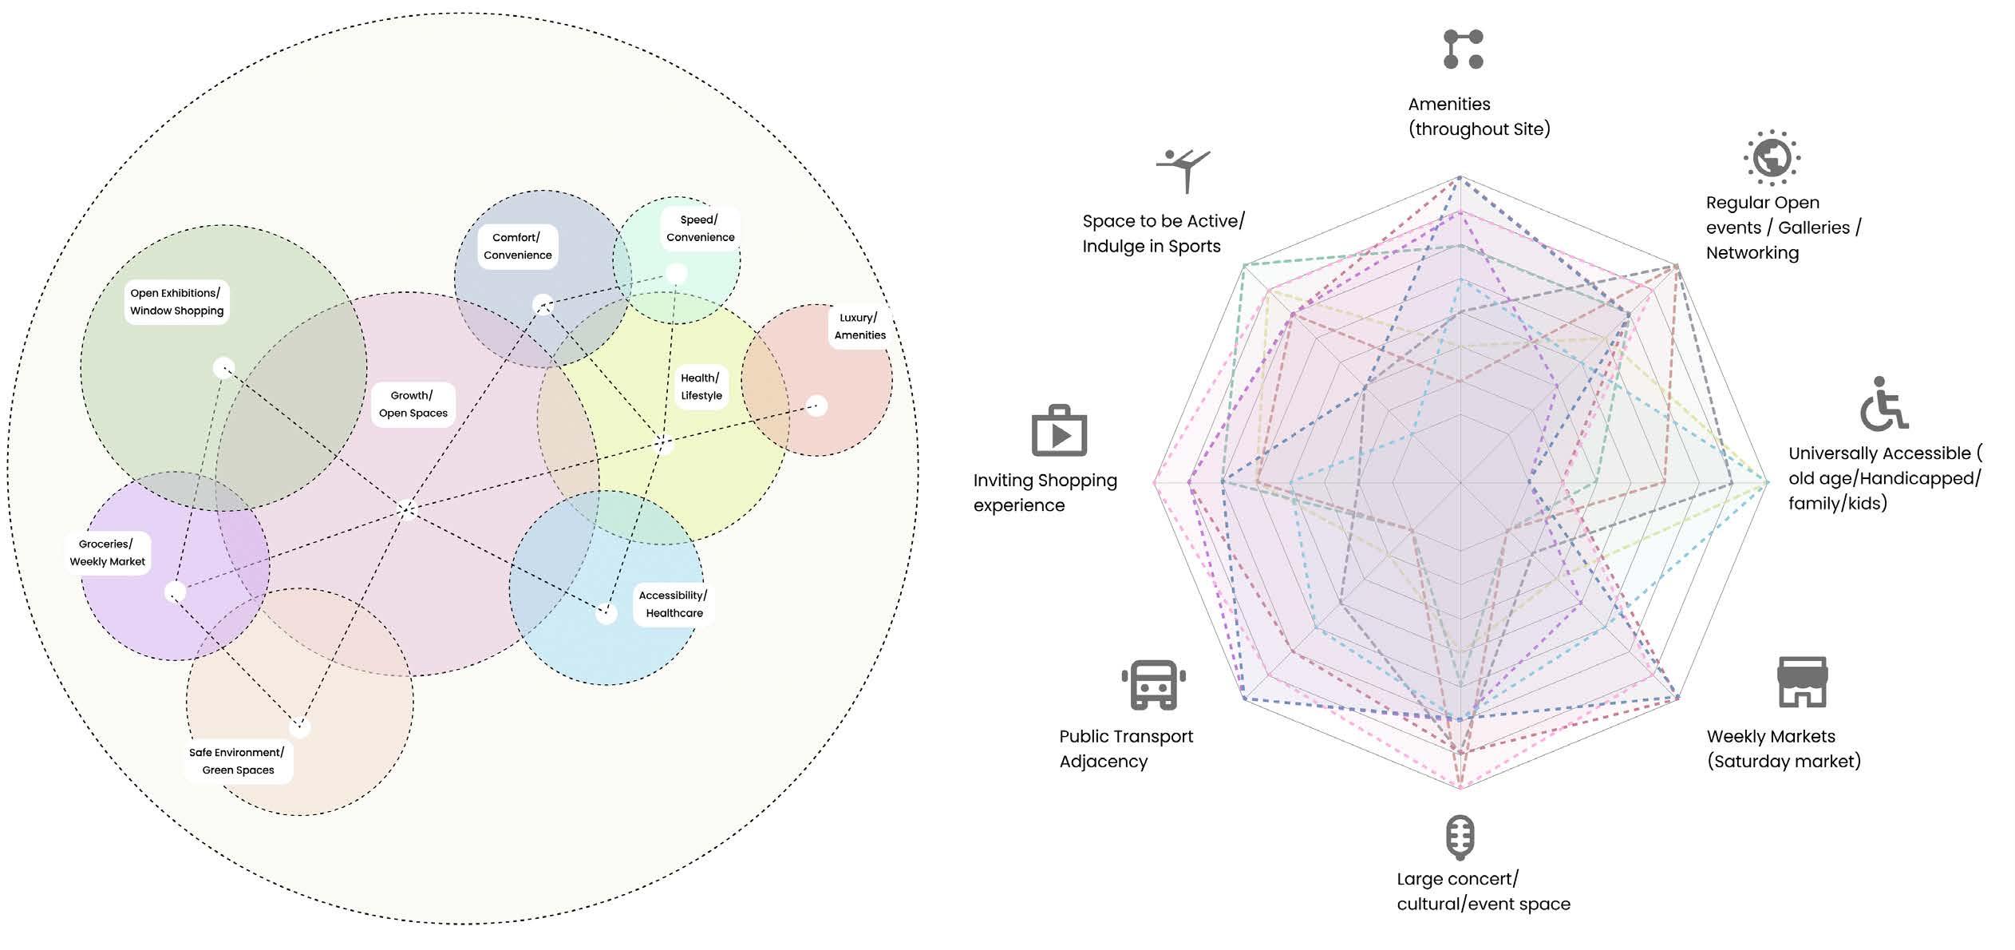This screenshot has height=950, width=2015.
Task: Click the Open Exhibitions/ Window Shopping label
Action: tap(176, 302)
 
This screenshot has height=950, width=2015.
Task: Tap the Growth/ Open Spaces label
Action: tap(413, 404)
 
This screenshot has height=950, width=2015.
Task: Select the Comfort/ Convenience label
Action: tap(517, 246)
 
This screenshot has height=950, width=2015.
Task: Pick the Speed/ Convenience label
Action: tap(700, 228)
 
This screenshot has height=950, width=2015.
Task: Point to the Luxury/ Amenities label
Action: tap(859, 327)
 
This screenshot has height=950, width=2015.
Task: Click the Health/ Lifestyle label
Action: tap(701, 387)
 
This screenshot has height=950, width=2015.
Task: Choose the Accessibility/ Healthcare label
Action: tap(674, 604)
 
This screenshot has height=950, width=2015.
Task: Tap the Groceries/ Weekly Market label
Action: tap(107, 552)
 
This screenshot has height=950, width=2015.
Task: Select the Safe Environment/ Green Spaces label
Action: tap(237, 761)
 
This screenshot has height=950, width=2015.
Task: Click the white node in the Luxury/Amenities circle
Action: tap(816, 406)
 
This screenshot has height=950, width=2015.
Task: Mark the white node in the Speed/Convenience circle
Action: tap(676, 274)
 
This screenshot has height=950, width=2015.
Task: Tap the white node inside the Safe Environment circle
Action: tap(299, 727)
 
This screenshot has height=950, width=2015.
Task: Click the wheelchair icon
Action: tap(1883, 404)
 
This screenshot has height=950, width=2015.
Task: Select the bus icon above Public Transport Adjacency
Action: tap(1153, 685)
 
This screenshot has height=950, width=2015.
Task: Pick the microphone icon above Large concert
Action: tap(1460, 837)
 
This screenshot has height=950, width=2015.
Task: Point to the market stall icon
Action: tap(1802, 682)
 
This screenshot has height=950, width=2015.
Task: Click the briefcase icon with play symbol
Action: tap(1059, 431)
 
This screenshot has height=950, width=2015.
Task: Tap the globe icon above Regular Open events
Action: tap(1772, 157)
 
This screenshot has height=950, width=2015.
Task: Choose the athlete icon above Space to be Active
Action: tap(1183, 169)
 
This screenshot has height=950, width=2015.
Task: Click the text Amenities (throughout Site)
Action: tap(1478, 117)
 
